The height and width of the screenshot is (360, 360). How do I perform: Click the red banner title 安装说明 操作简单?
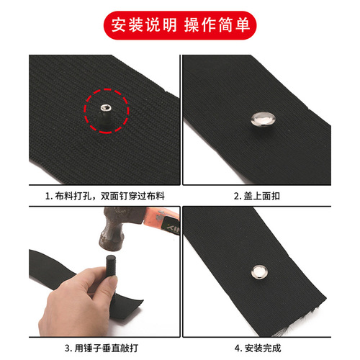tap(180, 25)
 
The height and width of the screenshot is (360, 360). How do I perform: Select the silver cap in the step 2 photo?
tap(260, 117)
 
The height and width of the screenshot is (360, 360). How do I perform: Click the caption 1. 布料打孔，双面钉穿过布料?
tap(100, 194)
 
